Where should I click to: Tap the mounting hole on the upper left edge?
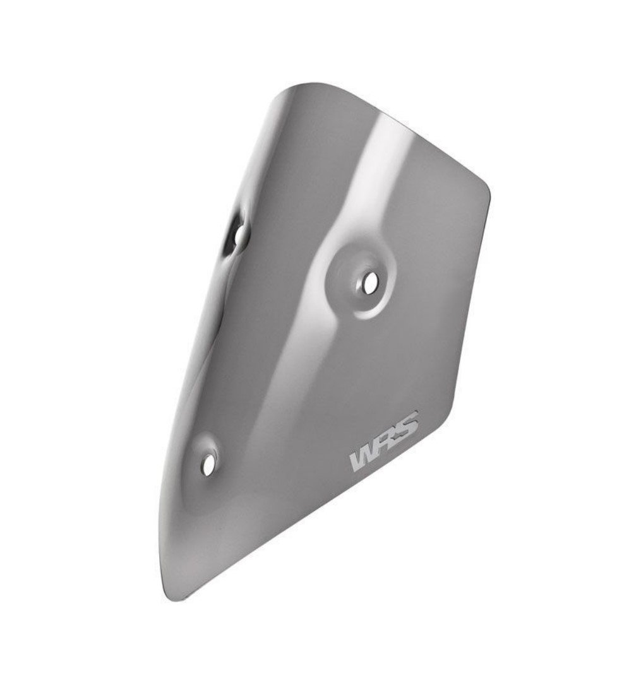[x=240, y=235]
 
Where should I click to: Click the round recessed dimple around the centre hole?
[x=361, y=278]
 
